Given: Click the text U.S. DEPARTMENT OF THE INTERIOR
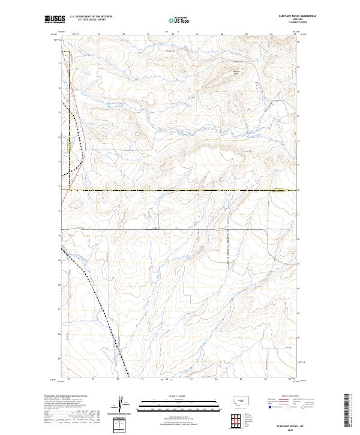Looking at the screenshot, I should coord(91,16).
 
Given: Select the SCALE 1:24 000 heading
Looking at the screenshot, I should coord(179,396).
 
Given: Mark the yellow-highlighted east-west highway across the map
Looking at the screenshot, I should coord(180,190).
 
